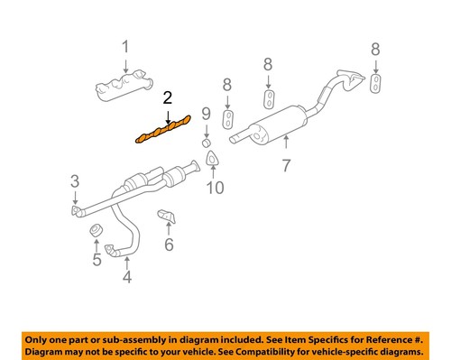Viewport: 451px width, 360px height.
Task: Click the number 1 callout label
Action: pyautogui.click(x=126, y=46)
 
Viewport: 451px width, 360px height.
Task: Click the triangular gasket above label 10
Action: pyautogui.click(x=214, y=161)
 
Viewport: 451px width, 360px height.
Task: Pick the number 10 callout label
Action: pyautogui.click(x=214, y=189)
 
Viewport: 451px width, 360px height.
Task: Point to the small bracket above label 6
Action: pyautogui.click(x=167, y=217)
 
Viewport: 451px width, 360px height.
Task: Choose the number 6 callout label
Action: pyautogui.click(x=168, y=245)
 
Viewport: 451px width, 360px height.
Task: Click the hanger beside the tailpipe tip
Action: pyautogui.click(x=375, y=83)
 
